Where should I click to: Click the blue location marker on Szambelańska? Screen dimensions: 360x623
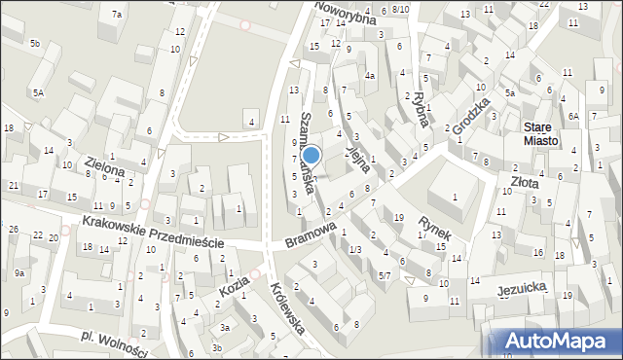(x=311, y=155)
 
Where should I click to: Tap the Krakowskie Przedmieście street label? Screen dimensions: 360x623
(x=153, y=233)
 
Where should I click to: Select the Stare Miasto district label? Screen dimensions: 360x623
(x=540, y=133)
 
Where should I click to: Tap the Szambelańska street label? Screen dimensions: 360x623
(x=313, y=146)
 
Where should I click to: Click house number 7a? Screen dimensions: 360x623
(x=117, y=14)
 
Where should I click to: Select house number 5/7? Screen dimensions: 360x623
(x=385, y=276)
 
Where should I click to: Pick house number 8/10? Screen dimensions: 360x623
(x=401, y=10)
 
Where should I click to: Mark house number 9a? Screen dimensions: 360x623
(x=19, y=273)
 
